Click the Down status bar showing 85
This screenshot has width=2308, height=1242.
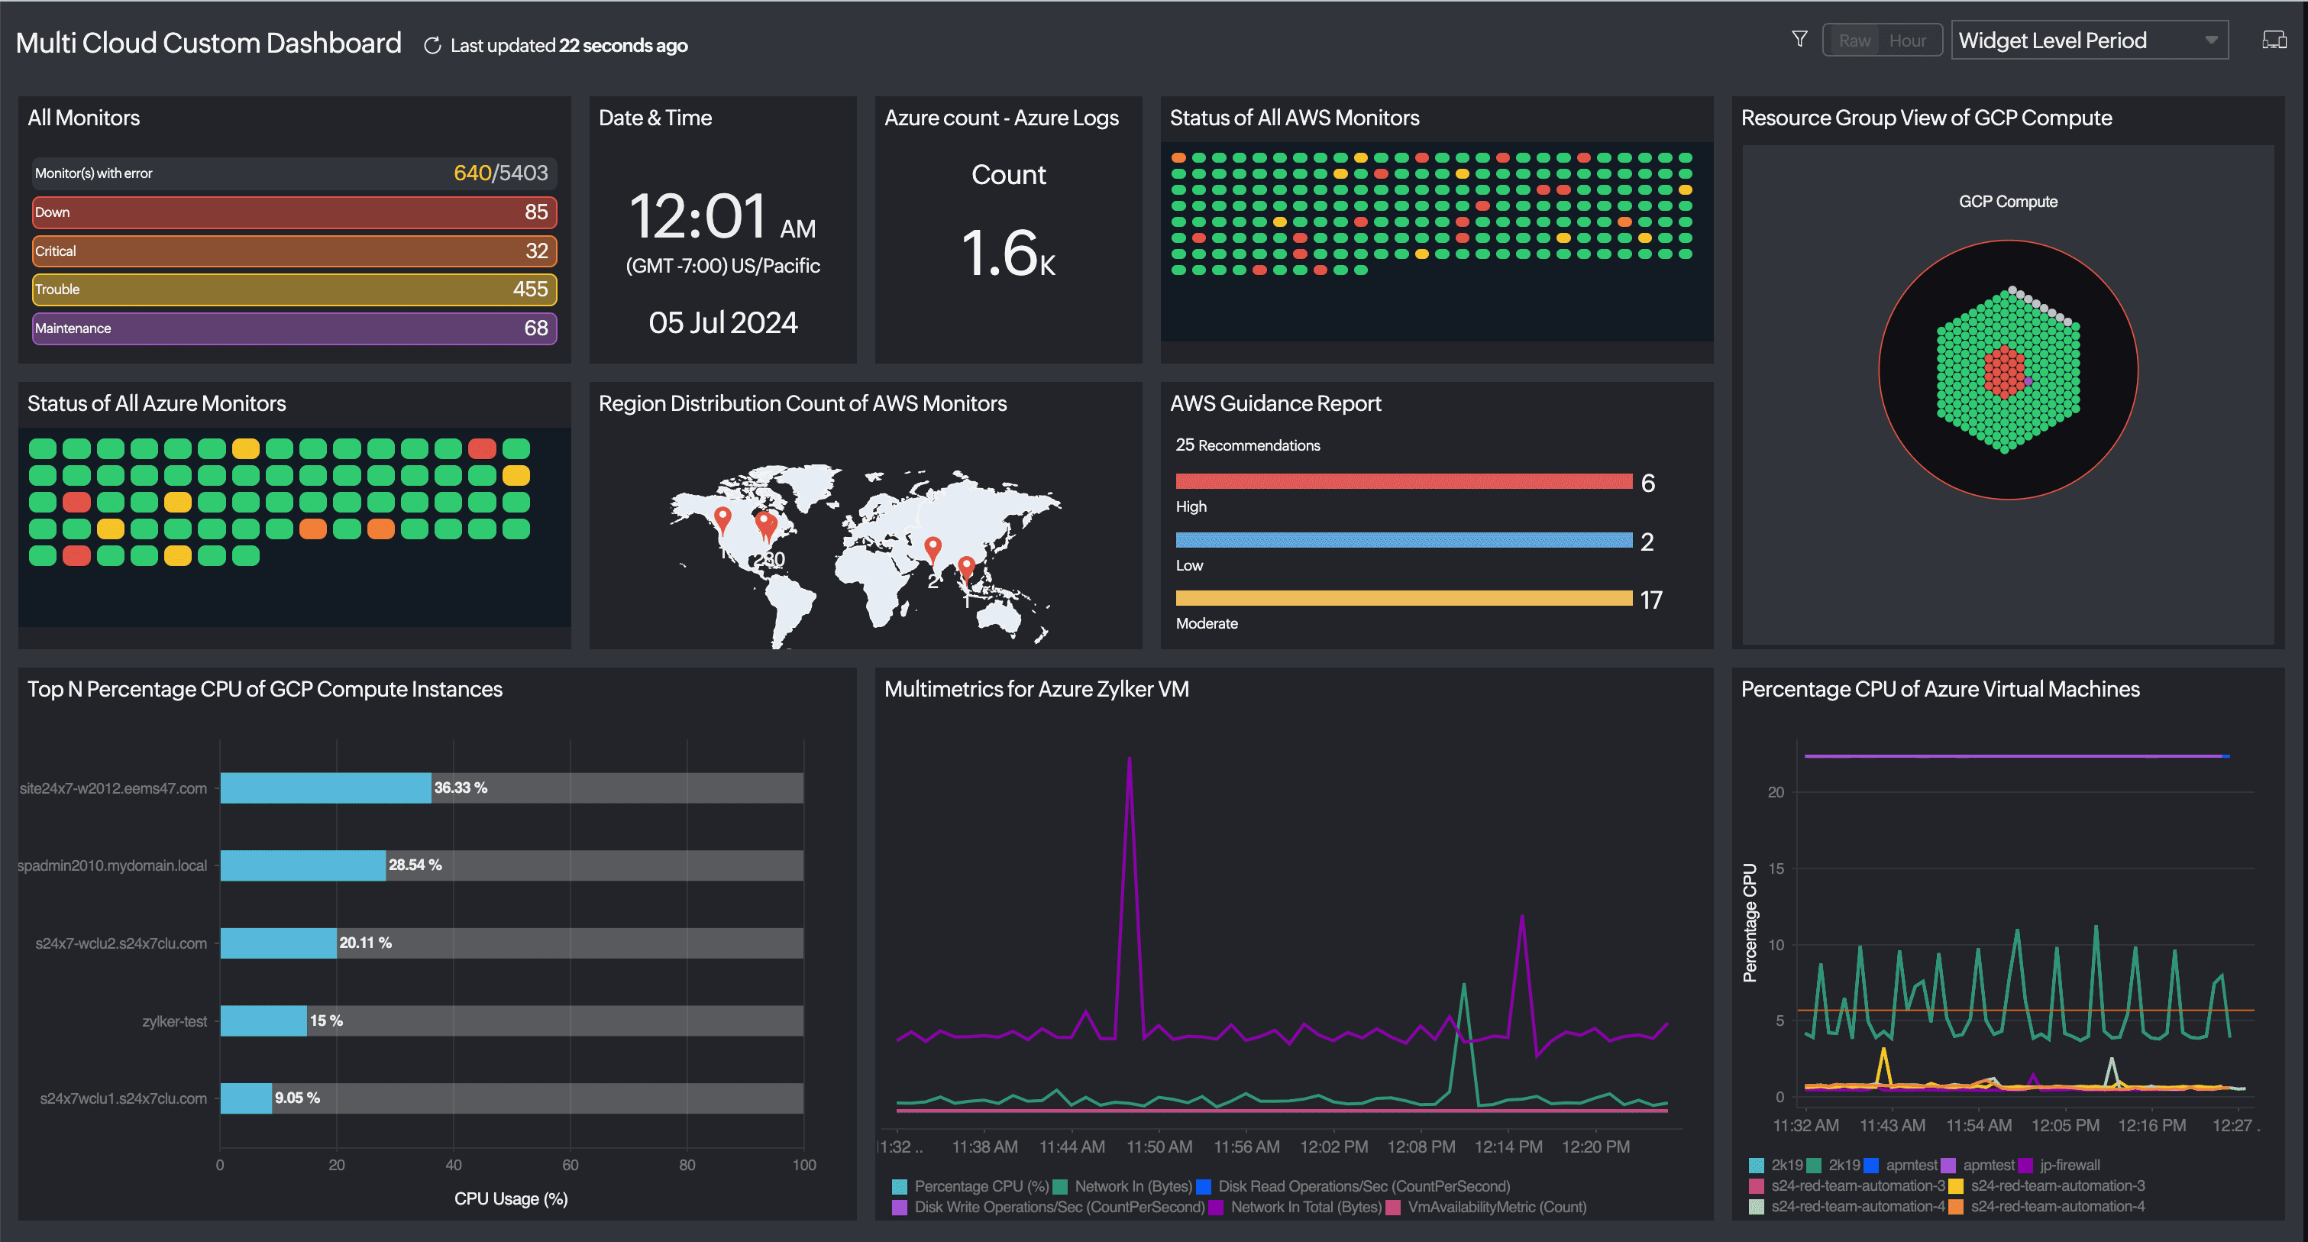click(x=294, y=212)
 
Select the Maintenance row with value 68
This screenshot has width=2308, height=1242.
click(x=294, y=328)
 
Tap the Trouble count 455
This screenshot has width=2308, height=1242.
click(x=529, y=289)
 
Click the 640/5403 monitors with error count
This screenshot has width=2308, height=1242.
click(x=500, y=173)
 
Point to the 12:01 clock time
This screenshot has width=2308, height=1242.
click(x=698, y=217)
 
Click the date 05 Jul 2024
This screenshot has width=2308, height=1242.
click(x=722, y=322)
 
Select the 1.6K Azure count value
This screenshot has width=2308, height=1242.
click(x=1008, y=254)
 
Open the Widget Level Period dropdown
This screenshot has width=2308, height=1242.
click(x=2089, y=41)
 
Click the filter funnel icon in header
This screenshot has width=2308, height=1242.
click(x=1799, y=40)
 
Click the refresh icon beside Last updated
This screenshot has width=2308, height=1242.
click(x=432, y=46)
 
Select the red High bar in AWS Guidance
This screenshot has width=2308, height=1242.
click(x=1403, y=482)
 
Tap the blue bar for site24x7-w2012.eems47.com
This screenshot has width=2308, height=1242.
click(x=325, y=788)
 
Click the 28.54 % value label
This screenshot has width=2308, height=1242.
click(x=415, y=865)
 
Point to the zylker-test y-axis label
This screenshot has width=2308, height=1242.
click(x=174, y=1020)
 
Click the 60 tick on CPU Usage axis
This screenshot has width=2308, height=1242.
click(x=570, y=1165)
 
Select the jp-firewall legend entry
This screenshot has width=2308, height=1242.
click(x=2069, y=1165)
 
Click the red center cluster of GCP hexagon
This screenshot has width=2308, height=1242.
click(x=2004, y=371)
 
